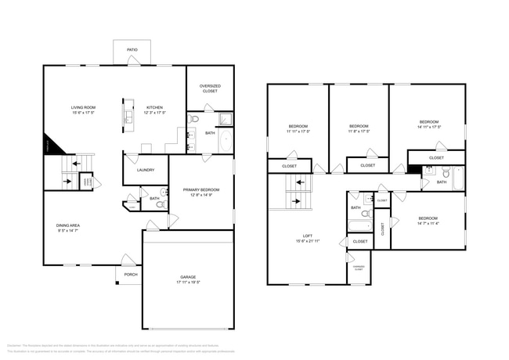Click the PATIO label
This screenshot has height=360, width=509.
[132, 50]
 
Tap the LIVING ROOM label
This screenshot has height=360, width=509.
[83, 107]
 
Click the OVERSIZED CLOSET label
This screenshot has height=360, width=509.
[209, 89]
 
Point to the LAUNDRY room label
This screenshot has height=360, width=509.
[146, 170]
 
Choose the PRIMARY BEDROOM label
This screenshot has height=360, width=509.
[201, 189]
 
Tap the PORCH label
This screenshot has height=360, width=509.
[130, 274]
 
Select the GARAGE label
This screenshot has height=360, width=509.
[187, 277]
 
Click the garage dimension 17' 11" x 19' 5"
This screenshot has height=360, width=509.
[187, 283]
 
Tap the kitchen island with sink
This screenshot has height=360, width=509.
[126, 115]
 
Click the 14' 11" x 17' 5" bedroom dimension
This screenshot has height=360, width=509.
[429, 128]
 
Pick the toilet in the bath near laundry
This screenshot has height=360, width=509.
[163, 193]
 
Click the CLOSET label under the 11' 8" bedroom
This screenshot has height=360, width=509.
[367, 166]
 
